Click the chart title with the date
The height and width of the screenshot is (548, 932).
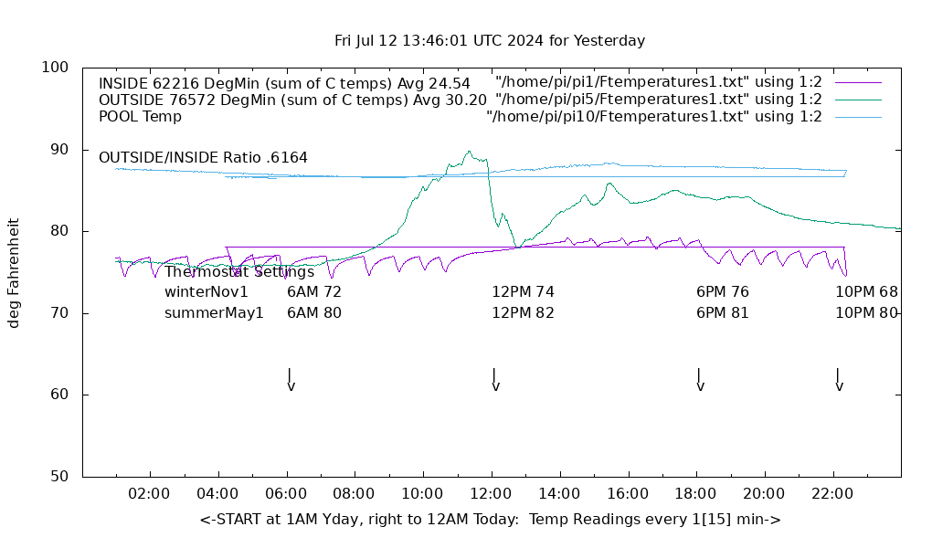click(x=490, y=40)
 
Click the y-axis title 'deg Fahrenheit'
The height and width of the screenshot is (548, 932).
click(x=14, y=272)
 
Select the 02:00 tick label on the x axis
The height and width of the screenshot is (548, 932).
click(x=149, y=494)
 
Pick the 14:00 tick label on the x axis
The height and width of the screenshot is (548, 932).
click(x=558, y=494)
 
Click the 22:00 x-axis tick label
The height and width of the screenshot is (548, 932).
click(x=832, y=494)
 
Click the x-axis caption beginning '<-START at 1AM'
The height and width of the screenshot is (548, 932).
click(x=490, y=520)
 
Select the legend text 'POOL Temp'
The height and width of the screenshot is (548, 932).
click(x=140, y=117)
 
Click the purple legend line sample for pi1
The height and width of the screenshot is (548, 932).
click(x=857, y=82)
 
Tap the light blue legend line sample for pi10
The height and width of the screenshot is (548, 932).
click(x=857, y=117)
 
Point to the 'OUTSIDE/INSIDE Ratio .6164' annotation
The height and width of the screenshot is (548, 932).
click(x=203, y=157)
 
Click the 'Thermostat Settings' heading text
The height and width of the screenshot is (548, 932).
click(x=239, y=271)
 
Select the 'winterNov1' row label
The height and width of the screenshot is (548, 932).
click(x=207, y=292)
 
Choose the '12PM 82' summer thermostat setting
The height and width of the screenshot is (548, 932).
click(x=523, y=312)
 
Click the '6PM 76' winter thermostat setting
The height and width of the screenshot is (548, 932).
click(x=722, y=292)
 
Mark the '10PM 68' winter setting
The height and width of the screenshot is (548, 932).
click(x=866, y=292)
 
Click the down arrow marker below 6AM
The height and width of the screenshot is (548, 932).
click(x=291, y=381)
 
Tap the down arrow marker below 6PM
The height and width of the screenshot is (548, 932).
click(x=700, y=381)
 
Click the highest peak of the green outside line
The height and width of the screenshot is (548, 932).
click(x=469, y=152)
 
